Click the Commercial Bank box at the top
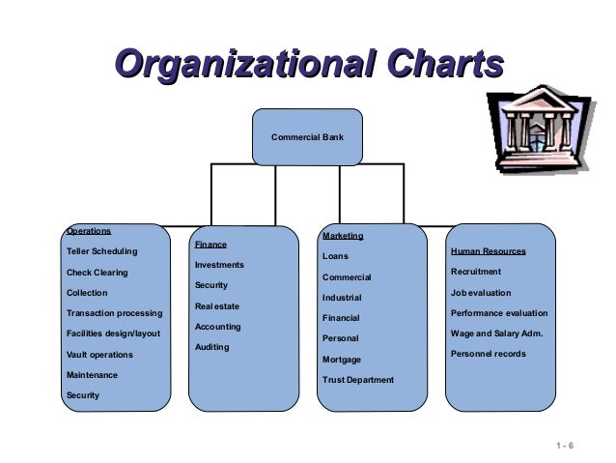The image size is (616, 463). pyautogui.click(x=307, y=136)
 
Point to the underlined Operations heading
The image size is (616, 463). pyautogui.click(x=89, y=232)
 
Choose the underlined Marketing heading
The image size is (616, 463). pyautogui.click(x=343, y=236)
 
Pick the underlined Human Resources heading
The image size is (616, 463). pyautogui.click(x=488, y=251)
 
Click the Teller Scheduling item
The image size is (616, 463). pyautogui.click(x=101, y=251)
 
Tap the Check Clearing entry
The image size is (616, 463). pyautogui.click(x=97, y=273)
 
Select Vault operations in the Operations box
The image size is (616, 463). pyautogui.click(x=99, y=355)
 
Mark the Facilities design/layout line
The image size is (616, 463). pyautogui.click(x=113, y=333)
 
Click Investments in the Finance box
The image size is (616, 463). pyautogui.click(x=219, y=265)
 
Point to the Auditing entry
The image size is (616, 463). pyautogui.click(x=212, y=347)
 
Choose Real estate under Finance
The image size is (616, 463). pyautogui.click(x=217, y=306)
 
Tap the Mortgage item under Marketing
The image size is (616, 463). pyautogui.click(x=342, y=360)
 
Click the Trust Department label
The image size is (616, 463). pyautogui.click(x=358, y=380)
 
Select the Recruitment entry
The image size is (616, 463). pyautogui.click(x=476, y=272)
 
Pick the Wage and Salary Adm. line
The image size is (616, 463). pyautogui.click(x=496, y=333)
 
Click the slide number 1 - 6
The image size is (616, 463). pyautogui.click(x=565, y=446)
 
